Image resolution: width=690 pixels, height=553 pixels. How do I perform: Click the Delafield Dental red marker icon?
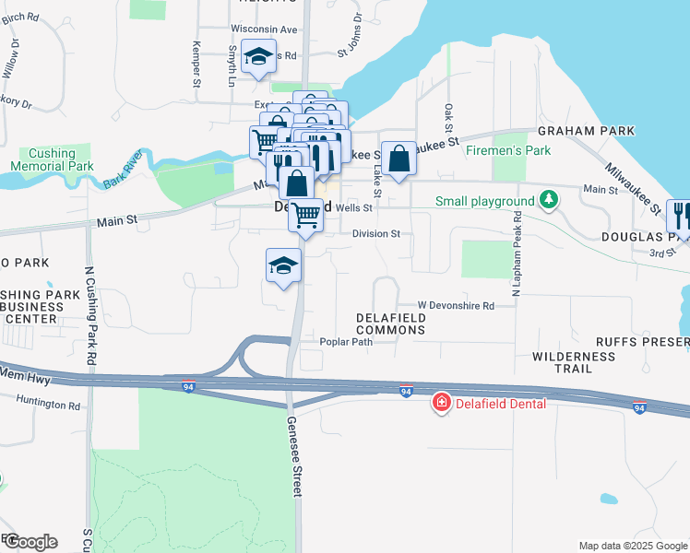tap(441, 403)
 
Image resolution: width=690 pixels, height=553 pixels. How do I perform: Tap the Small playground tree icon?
tap(549, 200)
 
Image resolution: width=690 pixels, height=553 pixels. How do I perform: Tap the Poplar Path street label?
tap(345, 342)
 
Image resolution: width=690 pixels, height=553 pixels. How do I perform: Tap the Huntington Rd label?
tap(49, 404)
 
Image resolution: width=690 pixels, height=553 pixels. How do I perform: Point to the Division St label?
tap(375, 233)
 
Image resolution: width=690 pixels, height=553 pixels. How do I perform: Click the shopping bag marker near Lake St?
tap(399, 159)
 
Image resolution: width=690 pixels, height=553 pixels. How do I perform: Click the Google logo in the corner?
tap(30, 542)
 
